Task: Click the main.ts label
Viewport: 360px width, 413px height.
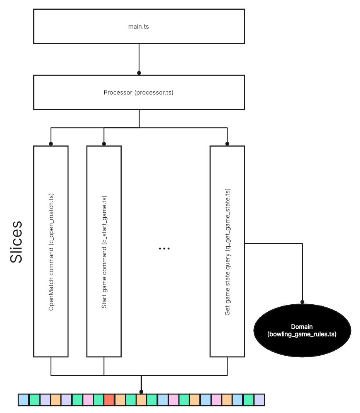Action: click(139, 26)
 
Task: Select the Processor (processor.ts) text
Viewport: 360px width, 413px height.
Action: click(139, 92)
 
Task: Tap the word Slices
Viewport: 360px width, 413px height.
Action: click(16, 242)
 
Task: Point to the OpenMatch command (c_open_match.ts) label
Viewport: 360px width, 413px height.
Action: click(51, 251)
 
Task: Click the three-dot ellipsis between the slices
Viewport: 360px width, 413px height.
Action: click(164, 249)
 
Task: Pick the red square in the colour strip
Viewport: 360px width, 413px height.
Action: click(109, 400)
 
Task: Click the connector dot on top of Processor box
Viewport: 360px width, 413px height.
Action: click(139, 73)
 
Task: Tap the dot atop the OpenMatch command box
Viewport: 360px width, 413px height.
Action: click(51, 144)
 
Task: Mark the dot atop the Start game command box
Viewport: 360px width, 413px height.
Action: click(104, 144)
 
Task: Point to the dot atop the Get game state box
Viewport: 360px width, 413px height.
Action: click(227, 144)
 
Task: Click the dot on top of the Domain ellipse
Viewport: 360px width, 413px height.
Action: click(302, 302)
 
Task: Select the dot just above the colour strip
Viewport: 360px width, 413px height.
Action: click(141, 392)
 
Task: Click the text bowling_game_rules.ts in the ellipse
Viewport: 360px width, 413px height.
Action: click(302, 334)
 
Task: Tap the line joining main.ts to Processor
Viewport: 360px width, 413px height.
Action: click(139, 58)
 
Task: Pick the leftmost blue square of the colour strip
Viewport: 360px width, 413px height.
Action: click(24, 400)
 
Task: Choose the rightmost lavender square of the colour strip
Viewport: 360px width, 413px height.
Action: click(259, 400)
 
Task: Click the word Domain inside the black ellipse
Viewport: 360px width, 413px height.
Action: click(302, 327)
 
